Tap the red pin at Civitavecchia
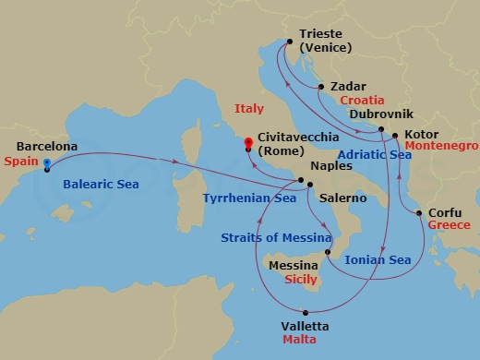click(247, 144)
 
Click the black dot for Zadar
click(320, 87)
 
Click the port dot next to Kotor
click(395, 137)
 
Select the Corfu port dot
click(420, 214)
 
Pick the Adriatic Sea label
click(374, 155)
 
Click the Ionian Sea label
click(377, 260)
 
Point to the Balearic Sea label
click(101, 185)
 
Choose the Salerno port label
click(342, 198)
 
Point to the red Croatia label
click(362, 100)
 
